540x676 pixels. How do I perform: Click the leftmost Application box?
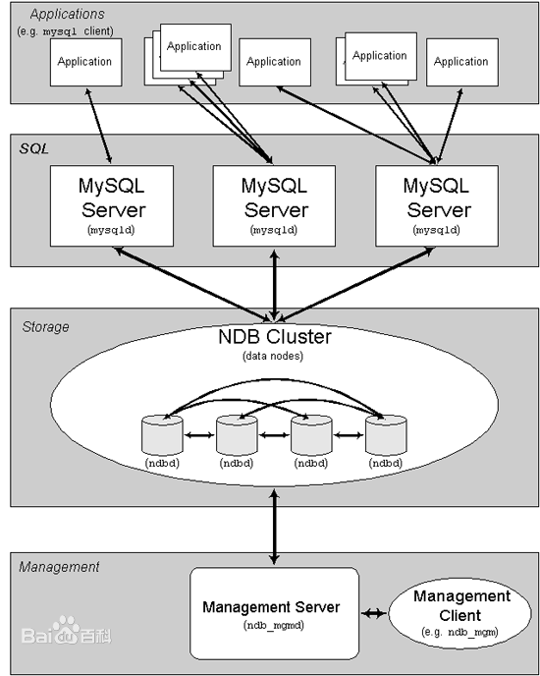(x=84, y=62)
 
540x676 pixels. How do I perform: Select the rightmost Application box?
(x=461, y=62)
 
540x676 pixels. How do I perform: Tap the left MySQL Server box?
(x=112, y=204)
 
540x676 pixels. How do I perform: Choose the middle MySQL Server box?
(x=276, y=204)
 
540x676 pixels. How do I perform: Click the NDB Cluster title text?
(x=274, y=337)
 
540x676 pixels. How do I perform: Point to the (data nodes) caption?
(x=274, y=356)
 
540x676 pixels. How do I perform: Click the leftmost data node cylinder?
(x=161, y=433)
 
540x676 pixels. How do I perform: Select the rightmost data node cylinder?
(x=384, y=433)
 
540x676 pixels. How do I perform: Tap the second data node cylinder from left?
(x=236, y=433)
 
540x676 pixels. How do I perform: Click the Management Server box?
(x=271, y=613)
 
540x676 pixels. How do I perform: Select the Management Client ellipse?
(x=461, y=612)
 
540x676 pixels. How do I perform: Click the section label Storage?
(x=45, y=326)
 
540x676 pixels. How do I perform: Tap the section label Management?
(x=60, y=567)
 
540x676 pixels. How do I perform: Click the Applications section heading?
(x=66, y=14)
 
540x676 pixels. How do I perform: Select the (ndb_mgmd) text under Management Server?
(x=271, y=625)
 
